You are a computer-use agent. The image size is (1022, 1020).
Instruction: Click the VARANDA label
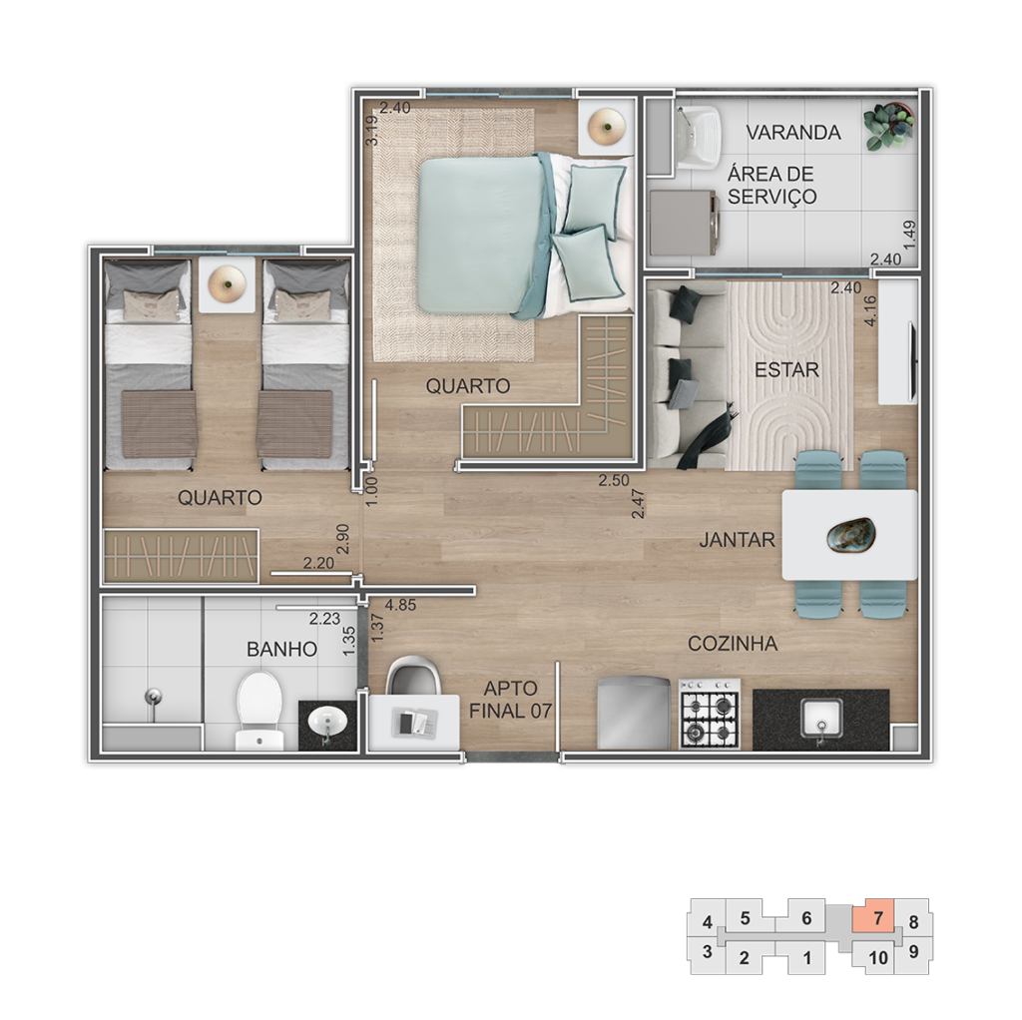pyautogui.click(x=792, y=133)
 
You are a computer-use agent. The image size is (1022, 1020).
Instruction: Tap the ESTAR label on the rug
pyautogui.click(x=786, y=370)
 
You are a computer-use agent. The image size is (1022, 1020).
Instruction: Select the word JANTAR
pyautogui.click(x=737, y=540)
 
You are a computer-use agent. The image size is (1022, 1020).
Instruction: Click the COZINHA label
pyautogui.click(x=732, y=644)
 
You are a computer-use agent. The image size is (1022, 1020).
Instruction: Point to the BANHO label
pyautogui.click(x=281, y=650)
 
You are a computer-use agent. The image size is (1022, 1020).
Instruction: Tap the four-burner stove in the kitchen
pyautogui.click(x=710, y=714)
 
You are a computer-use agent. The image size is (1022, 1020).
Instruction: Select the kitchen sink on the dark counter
pyautogui.click(x=821, y=718)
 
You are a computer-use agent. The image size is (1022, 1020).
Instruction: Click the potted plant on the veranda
pyautogui.click(x=888, y=126)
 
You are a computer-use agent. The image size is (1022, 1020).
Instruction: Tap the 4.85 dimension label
pyautogui.click(x=400, y=605)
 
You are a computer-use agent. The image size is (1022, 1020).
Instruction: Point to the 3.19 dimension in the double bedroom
pyautogui.click(x=371, y=131)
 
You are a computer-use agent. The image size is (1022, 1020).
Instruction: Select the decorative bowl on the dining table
pyautogui.click(x=850, y=535)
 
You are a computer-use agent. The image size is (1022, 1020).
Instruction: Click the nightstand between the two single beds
pyautogui.click(x=227, y=284)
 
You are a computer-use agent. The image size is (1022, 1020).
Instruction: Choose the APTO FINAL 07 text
pyautogui.click(x=510, y=700)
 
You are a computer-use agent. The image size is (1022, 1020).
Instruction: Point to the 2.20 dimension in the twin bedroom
pyautogui.click(x=319, y=563)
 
